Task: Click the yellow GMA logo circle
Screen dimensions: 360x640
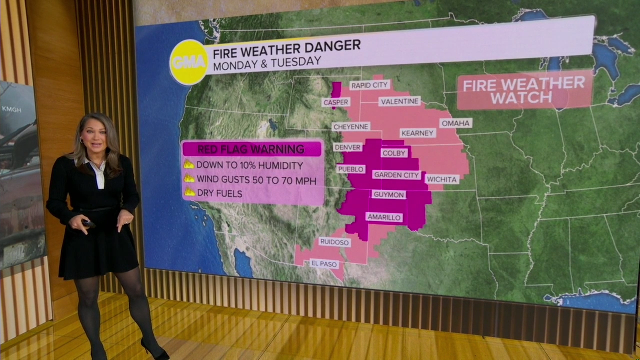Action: click(188, 62)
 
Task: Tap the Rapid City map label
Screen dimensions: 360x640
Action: click(369, 85)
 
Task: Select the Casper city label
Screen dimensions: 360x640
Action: click(336, 102)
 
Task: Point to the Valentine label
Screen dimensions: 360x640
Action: click(399, 101)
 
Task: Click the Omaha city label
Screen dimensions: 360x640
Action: click(455, 123)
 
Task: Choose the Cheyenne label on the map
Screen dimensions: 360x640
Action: click(351, 127)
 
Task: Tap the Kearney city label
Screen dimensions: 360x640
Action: click(417, 133)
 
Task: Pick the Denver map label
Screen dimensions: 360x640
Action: click(348, 147)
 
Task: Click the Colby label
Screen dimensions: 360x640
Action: click(394, 153)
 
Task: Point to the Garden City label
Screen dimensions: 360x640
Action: click(396, 174)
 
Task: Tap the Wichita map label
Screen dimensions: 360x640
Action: click(442, 179)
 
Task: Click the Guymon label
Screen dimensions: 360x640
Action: click(388, 194)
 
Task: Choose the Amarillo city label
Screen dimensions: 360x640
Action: click(384, 217)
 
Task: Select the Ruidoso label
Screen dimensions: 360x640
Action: click(334, 242)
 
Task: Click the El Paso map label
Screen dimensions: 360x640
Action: click(324, 263)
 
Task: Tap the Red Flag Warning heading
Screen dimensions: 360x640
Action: click(251, 149)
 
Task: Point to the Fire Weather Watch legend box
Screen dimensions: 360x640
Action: click(524, 89)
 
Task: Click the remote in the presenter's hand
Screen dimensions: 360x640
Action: click(88, 224)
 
